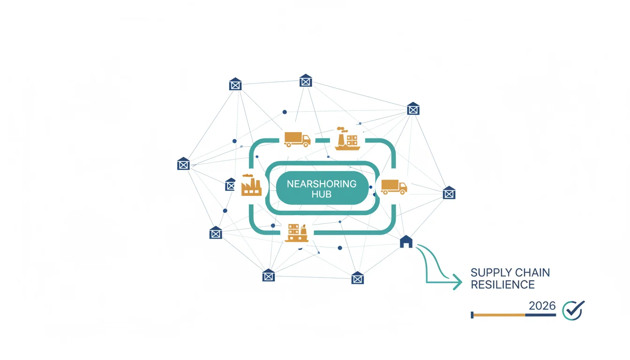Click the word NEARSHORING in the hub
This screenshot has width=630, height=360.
tap(322, 184)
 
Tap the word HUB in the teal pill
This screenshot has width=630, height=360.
tap(322, 195)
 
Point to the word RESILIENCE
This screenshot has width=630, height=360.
tap(502, 285)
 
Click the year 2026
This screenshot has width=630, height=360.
tap(542, 306)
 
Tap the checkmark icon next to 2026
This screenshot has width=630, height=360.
tap(573, 310)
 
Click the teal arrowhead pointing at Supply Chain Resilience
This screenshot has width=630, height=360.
tap(457, 282)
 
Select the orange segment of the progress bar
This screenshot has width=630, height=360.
tap(499, 315)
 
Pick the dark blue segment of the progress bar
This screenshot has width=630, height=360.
tap(540, 315)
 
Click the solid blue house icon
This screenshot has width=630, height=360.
tap(406, 242)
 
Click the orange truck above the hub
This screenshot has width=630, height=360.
tap(297, 140)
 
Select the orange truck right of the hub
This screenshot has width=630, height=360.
tap(394, 187)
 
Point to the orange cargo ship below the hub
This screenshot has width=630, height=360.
tap(296, 233)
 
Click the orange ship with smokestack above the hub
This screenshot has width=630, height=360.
tap(347, 138)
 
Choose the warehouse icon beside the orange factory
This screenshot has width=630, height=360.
tap(230, 185)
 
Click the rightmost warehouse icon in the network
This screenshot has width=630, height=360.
tap(449, 193)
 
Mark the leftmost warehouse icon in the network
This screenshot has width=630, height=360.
tap(183, 164)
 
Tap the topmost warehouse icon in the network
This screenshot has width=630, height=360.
tap(306, 81)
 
